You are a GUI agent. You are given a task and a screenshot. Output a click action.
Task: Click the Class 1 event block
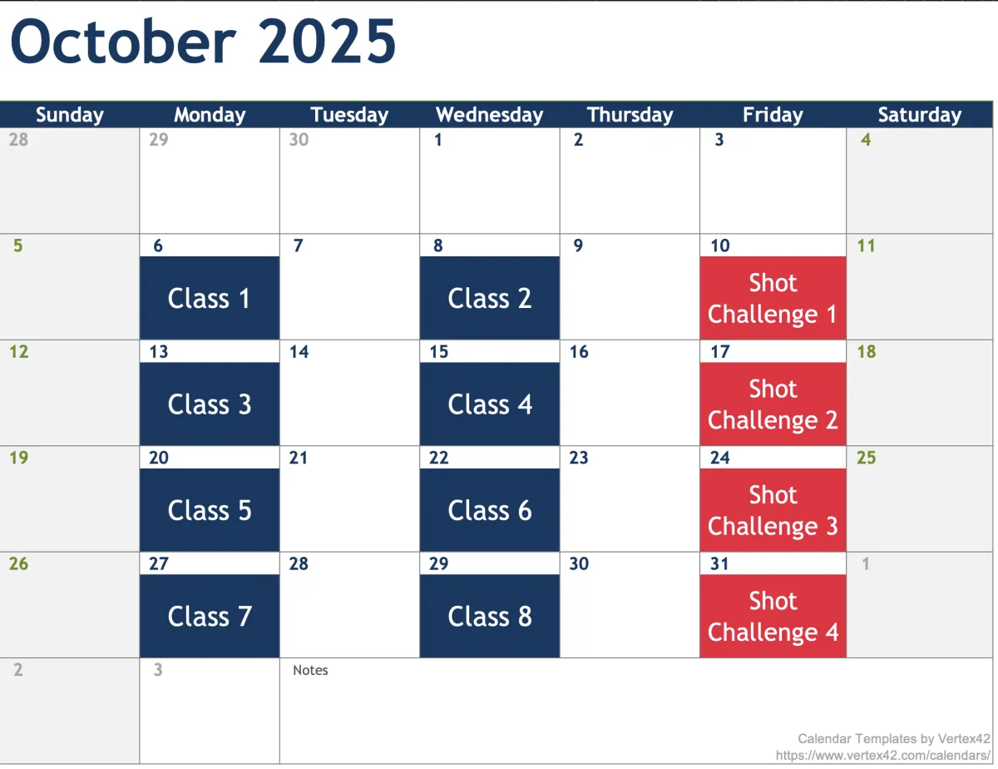[210, 298]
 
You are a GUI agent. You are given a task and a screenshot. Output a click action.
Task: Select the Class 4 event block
[490, 404]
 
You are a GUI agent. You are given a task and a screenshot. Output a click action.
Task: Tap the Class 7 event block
[210, 616]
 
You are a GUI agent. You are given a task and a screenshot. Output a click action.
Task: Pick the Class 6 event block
[490, 510]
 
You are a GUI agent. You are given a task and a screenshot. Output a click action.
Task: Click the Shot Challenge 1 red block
[773, 298]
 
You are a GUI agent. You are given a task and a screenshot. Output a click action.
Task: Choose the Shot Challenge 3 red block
[773, 510]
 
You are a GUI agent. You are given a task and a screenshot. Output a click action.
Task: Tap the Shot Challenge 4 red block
[773, 616]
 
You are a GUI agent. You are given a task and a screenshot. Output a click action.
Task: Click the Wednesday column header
[490, 114]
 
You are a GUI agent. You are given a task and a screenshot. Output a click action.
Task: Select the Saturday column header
[920, 114]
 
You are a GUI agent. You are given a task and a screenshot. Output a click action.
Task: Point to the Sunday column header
[70, 114]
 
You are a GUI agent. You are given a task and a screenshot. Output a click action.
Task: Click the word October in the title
[123, 42]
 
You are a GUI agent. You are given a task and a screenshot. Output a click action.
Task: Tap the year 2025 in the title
[327, 42]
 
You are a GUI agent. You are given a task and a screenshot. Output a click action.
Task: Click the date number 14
[299, 352]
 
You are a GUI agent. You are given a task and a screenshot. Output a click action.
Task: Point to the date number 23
[579, 458]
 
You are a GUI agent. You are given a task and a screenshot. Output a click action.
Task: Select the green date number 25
[867, 458]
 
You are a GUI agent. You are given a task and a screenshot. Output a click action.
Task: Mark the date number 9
[578, 246]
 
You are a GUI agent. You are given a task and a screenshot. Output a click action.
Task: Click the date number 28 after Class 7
[299, 563]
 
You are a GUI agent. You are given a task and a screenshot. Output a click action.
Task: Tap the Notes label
[310, 670]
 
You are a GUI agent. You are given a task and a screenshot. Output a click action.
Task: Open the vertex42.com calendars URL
[882, 756]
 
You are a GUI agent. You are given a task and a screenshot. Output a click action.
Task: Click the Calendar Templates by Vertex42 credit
[894, 739]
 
